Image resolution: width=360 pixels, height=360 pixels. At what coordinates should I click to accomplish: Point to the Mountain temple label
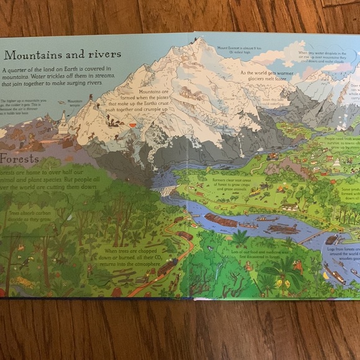tap(75, 102)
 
